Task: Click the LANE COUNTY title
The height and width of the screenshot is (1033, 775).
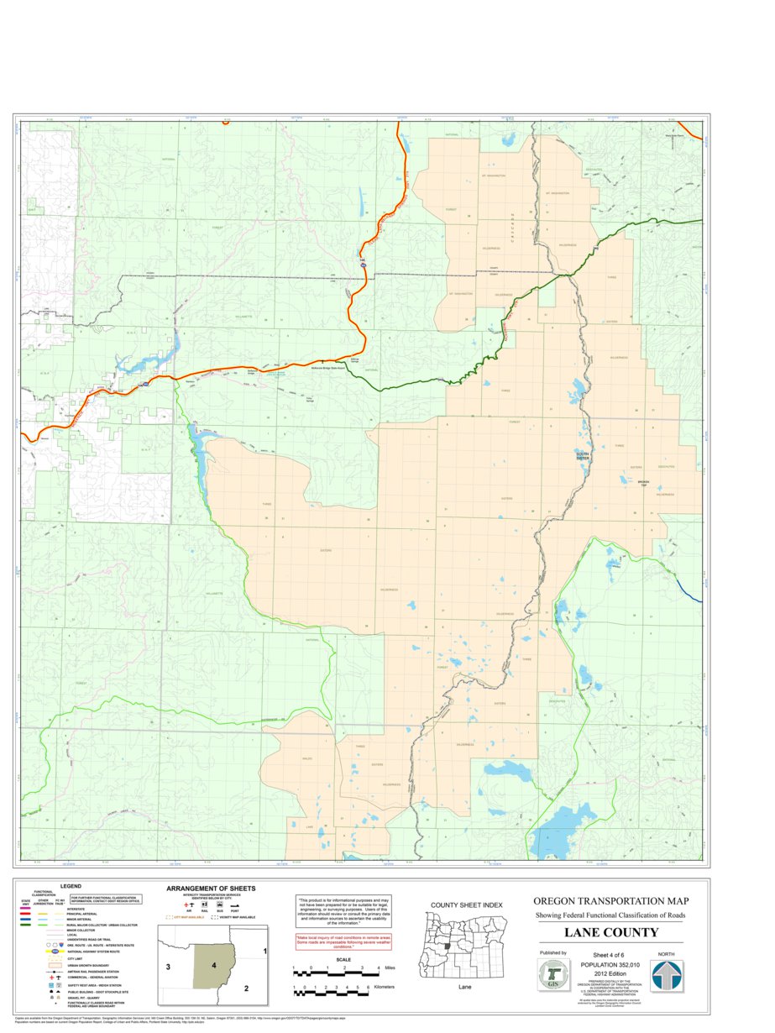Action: tap(610, 932)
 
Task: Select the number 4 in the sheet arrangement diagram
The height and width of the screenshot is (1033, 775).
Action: tap(214, 966)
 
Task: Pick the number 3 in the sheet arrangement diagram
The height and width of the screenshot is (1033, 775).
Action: tap(169, 967)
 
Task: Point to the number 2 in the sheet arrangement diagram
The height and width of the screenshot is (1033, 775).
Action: tap(246, 988)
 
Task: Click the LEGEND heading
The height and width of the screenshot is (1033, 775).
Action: tap(71, 886)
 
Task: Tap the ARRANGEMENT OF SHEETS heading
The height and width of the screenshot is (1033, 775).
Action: tap(211, 888)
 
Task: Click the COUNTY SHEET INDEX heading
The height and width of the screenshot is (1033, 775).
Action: tap(466, 905)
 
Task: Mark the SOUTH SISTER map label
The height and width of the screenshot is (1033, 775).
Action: tap(582, 456)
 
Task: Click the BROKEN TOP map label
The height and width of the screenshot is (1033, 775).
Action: tap(643, 483)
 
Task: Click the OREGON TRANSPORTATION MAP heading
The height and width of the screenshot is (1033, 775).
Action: tap(610, 901)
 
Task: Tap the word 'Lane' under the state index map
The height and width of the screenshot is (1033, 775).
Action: tap(464, 988)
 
